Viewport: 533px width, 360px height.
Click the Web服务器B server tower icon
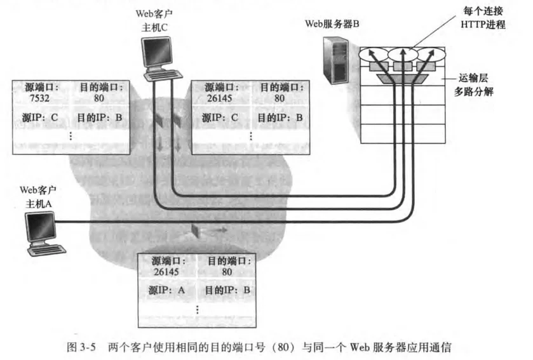(x=335, y=60)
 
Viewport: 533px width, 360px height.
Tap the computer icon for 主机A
(x=39, y=230)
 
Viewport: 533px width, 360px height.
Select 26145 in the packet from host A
(x=168, y=271)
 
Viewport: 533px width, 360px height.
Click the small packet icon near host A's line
(x=195, y=230)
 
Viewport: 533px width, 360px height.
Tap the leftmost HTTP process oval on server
(x=372, y=55)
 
